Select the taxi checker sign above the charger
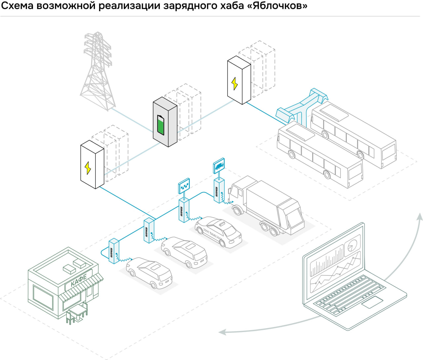184,186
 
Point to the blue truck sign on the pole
219,165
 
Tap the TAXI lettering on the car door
213,235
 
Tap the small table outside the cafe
77,312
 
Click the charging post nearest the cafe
114,251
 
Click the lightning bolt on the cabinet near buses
235,84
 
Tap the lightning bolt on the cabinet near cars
88,168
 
